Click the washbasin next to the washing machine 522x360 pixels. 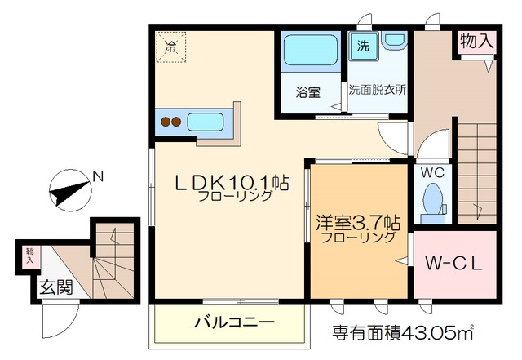coord(395,40)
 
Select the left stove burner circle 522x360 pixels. coord(166,123)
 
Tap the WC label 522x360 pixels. coord(431,173)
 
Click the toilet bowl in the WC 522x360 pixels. coord(431,198)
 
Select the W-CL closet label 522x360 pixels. coord(455,264)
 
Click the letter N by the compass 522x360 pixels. coord(97,175)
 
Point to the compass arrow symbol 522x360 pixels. coord(70,193)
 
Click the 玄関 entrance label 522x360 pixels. coord(55,287)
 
